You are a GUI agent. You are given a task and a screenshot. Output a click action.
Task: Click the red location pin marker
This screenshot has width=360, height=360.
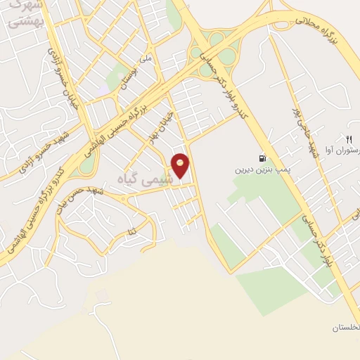tap(181, 166)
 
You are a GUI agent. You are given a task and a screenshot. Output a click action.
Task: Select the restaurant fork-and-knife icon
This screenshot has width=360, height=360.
tap(347, 139)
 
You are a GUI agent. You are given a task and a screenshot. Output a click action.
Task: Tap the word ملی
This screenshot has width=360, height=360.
tap(146, 60)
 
